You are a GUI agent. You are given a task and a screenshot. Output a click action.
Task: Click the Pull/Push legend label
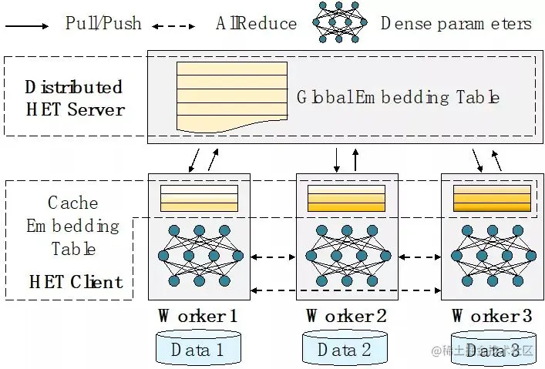click(x=103, y=23)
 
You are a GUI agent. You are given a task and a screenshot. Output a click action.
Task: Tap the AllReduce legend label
click(x=256, y=23)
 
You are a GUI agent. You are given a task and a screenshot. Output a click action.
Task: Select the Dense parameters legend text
click(x=456, y=23)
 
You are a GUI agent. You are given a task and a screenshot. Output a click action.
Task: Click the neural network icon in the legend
click(x=339, y=22)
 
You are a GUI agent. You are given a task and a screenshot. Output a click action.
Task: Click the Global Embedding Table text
click(x=398, y=98)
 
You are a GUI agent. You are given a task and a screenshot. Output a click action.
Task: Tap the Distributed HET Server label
click(x=74, y=98)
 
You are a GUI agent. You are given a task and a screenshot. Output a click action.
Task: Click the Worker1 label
click(x=198, y=316)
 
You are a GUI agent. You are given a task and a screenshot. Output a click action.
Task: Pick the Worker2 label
click(x=346, y=316)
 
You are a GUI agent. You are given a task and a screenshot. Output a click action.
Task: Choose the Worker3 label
click(x=491, y=316)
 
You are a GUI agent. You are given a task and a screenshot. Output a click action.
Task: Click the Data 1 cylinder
click(x=197, y=348)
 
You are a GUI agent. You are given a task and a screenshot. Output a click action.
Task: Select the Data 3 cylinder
click(x=492, y=349)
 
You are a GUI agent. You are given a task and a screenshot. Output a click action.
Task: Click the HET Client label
click(x=76, y=281)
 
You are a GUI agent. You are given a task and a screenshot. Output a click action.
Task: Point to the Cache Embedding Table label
click(x=73, y=226)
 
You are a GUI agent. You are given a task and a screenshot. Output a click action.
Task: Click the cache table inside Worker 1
click(x=199, y=198)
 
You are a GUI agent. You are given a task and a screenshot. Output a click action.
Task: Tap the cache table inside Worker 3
click(x=491, y=198)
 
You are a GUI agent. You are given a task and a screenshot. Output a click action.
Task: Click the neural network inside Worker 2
click(x=346, y=256)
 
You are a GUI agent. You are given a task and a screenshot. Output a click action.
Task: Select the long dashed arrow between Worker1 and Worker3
click(x=345, y=290)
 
